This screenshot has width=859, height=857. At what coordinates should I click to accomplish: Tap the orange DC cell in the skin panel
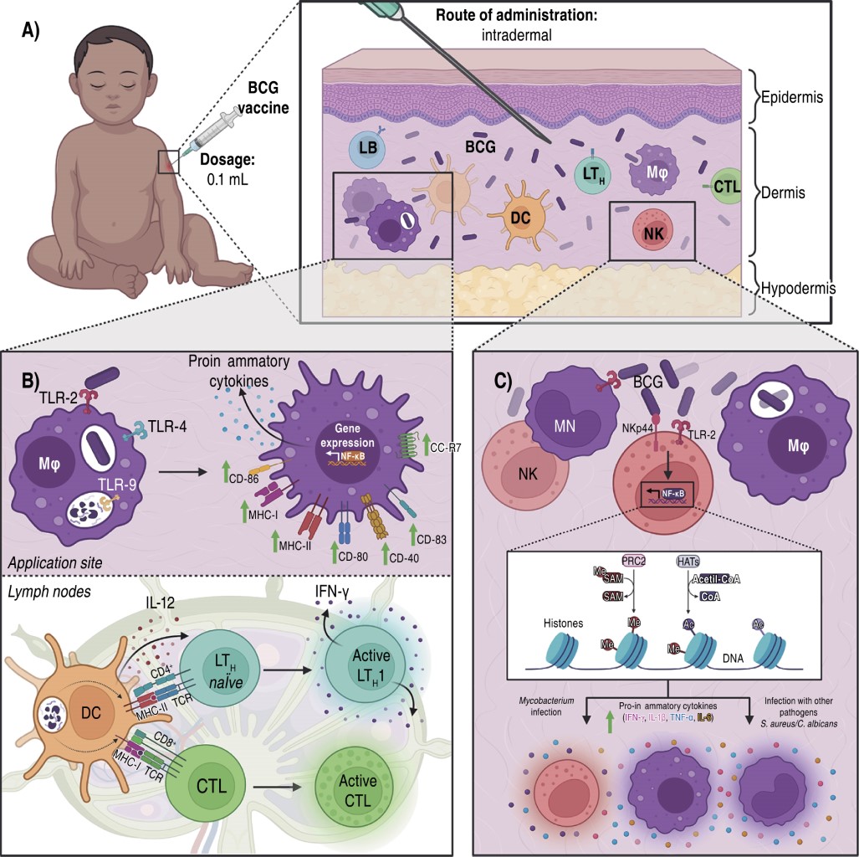519,217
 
